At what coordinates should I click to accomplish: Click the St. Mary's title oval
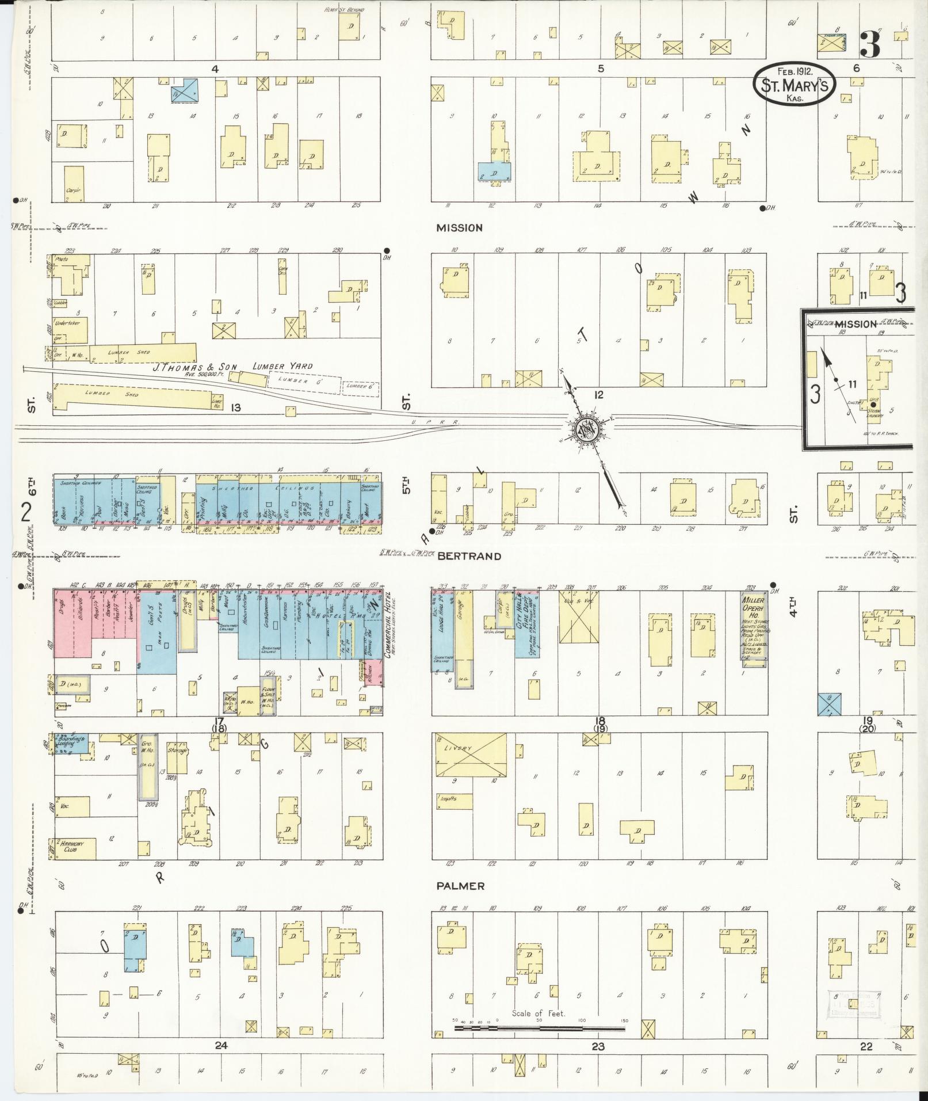[x=793, y=83]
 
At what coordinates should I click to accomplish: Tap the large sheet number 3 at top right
[x=870, y=45]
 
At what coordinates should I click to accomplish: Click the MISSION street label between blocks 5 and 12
[x=459, y=228]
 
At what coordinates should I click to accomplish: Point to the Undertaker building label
[x=67, y=323]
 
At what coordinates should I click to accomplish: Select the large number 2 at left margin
[x=25, y=511]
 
